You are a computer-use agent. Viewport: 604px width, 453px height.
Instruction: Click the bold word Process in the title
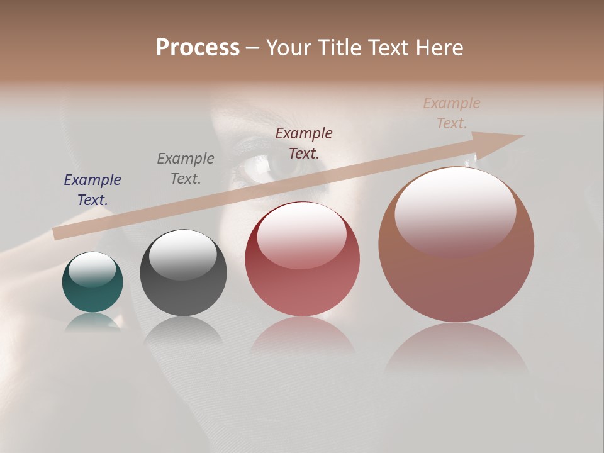(x=198, y=48)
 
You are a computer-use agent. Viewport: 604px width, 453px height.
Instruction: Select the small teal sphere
(x=92, y=282)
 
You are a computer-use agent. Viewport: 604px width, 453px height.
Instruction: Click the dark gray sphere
(x=183, y=273)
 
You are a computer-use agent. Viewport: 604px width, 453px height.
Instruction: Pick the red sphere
(x=302, y=259)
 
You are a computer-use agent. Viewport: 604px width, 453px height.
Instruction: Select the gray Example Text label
(x=186, y=169)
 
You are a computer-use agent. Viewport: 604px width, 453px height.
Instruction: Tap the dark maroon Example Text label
(x=304, y=143)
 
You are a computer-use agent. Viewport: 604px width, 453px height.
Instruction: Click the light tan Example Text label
(x=452, y=113)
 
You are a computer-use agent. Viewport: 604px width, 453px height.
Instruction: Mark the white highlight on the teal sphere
(x=92, y=269)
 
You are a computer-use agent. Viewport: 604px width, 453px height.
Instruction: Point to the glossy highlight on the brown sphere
(x=455, y=211)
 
